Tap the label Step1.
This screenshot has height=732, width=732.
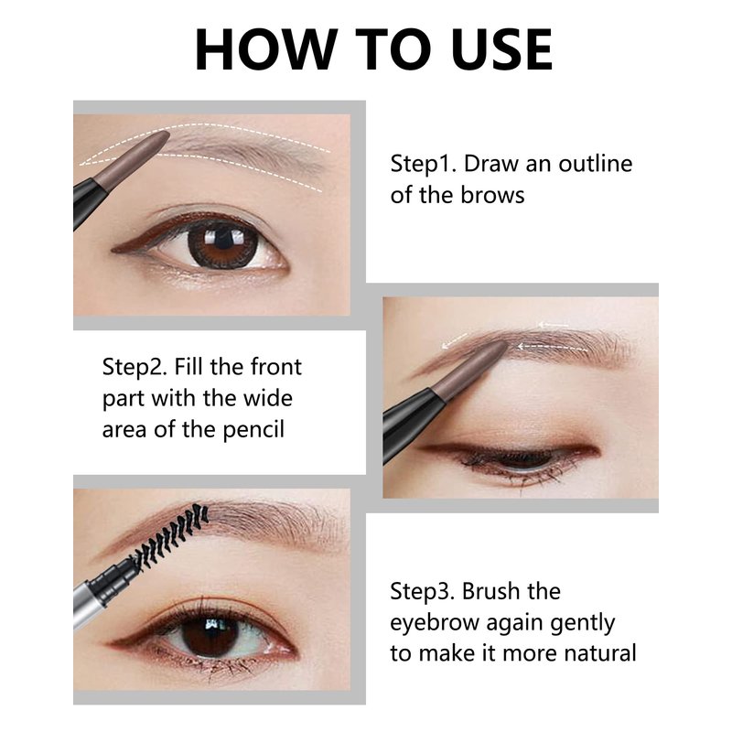(x=423, y=165)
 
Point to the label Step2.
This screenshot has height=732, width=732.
(x=135, y=368)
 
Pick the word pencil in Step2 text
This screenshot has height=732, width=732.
(x=253, y=430)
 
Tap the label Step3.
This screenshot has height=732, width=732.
(x=423, y=591)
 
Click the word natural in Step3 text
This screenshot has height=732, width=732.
(x=600, y=653)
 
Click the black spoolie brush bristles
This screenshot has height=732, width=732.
(x=170, y=533)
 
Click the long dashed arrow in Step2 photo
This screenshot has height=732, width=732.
(x=553, y=347)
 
